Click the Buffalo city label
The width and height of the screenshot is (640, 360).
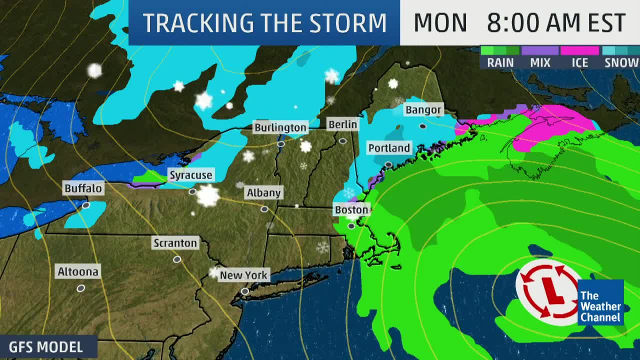coord(83,188)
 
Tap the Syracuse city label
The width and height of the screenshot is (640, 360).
coord(190,175)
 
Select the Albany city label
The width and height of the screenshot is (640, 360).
coord(263,192)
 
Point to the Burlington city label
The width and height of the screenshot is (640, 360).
coord(280,127)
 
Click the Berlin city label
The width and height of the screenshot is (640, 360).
coord(342,124)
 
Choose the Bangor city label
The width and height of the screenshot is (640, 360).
coord(423,110)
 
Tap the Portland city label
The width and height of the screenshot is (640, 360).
coord(389,148)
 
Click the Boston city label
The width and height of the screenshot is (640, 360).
coord(351,210)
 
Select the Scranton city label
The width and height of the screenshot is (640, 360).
coord(175,243)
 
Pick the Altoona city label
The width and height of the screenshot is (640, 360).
coord(78,272)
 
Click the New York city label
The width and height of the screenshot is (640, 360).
coord(243,275)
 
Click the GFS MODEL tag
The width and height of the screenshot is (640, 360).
coord(46,347)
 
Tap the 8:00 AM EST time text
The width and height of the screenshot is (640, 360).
coord(556,23)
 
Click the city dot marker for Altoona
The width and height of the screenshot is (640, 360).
coord(80,288)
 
